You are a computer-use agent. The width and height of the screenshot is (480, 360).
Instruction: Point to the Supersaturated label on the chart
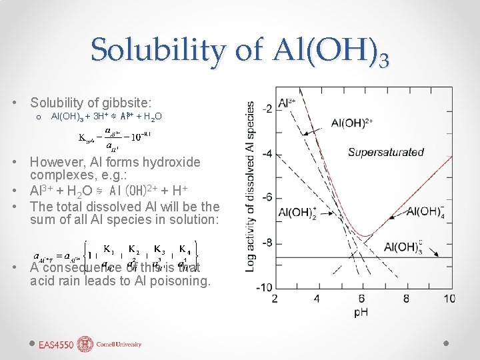tap(385, 152)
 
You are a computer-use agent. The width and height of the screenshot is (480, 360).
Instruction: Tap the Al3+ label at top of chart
tap(287, 103)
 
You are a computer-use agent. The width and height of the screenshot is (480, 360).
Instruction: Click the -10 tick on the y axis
tap(264, 287)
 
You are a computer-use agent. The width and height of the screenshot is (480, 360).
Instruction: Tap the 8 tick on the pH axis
tap(406, 298)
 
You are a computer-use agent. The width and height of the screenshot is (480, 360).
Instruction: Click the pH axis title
tap(361, 311)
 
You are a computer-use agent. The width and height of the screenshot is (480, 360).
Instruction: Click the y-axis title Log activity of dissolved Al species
tap(251, 185)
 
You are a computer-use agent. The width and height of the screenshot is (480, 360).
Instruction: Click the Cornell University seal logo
tap(85, 344)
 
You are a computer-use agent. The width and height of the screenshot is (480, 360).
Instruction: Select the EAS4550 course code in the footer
tap(57, 345)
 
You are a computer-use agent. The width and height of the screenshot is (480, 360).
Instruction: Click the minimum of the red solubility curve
tap(363, 235)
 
